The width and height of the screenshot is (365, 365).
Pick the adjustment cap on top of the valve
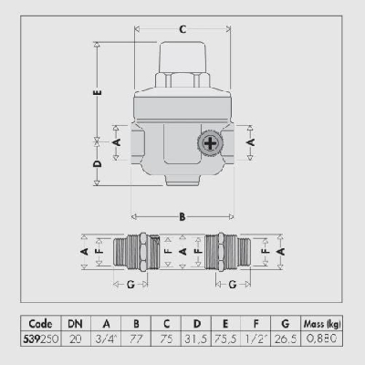182,64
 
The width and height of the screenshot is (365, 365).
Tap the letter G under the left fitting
130,285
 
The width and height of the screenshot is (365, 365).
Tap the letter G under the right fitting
234,285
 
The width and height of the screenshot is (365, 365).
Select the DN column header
74,322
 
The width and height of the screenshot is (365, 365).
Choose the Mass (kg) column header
321,322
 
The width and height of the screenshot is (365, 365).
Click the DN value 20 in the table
74,337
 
